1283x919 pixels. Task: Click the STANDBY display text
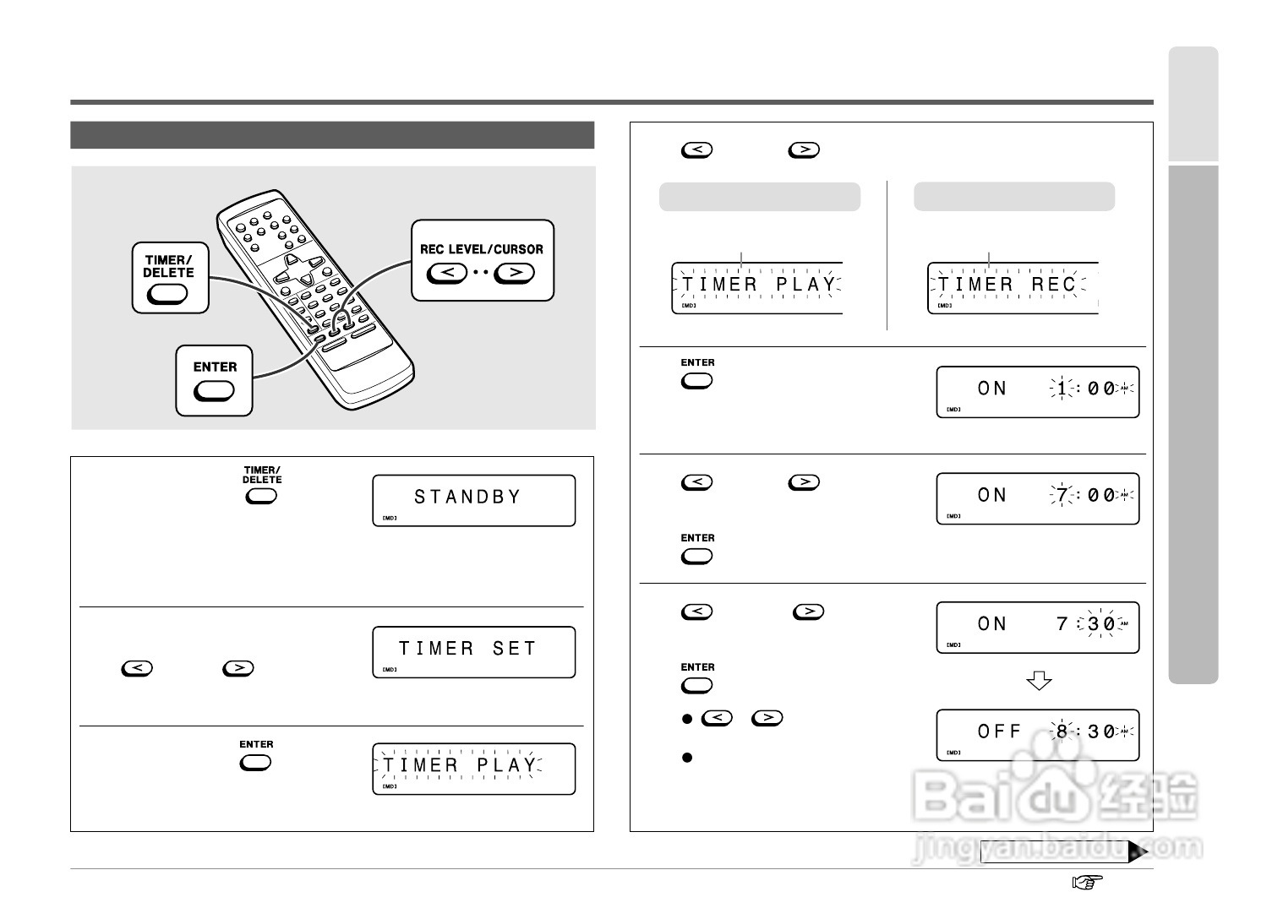point(467,498)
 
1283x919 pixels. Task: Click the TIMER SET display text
point(467,649)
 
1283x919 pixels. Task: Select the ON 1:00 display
point(1037,390)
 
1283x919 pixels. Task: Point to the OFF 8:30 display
point(1037,733)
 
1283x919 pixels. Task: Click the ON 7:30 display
point(1037,626)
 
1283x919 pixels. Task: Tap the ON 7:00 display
point(1037,497)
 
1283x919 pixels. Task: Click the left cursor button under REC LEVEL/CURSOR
point(447,273)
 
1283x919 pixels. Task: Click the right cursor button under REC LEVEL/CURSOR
point(515,273)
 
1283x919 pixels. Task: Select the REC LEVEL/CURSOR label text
point(482,249)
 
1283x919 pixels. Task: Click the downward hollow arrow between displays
point(1038,681)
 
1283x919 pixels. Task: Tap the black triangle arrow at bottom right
point(1138,852)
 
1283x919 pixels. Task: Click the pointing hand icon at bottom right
point(1089,883)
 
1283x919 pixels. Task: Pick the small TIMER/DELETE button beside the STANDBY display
point(261,496)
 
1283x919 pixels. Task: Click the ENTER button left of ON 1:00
point(697,381)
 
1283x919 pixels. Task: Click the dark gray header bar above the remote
point(332,135)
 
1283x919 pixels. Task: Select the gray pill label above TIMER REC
point(1014,196)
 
